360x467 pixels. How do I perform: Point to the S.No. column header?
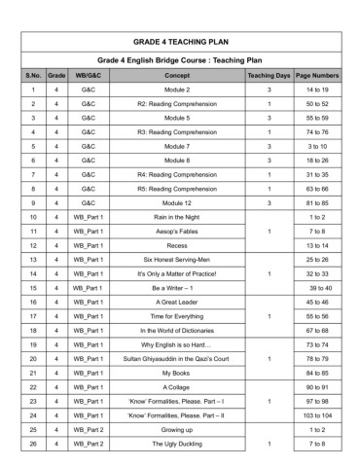33,74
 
